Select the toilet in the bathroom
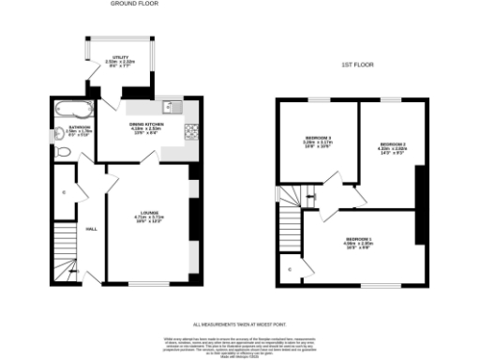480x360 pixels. [x=59, y=132]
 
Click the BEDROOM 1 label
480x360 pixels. [x=359, y=243]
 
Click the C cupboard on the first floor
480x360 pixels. [x=289, y=270]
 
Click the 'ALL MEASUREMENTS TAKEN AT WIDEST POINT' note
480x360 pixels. [x=239, y=323]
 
